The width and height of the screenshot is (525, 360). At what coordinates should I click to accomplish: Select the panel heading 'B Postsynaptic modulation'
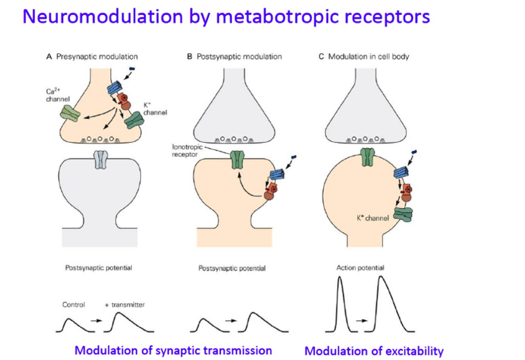(234, 56)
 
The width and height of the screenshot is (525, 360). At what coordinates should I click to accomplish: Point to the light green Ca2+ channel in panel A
(70, 114)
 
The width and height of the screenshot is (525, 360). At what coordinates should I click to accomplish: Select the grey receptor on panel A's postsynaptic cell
(100, 159)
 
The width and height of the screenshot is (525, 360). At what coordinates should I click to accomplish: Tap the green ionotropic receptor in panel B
(236, 159)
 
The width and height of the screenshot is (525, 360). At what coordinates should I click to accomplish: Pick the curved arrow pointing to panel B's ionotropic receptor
(245, 187)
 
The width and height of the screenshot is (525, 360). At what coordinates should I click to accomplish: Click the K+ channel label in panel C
(373, 218)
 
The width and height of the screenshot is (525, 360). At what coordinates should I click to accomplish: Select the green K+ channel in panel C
(403, 214)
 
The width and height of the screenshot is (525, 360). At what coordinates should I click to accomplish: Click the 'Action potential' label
(360, 268)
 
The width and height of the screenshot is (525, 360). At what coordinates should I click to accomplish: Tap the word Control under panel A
(73, 305)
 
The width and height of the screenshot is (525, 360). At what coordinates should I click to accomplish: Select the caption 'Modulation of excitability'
(374, 351)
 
